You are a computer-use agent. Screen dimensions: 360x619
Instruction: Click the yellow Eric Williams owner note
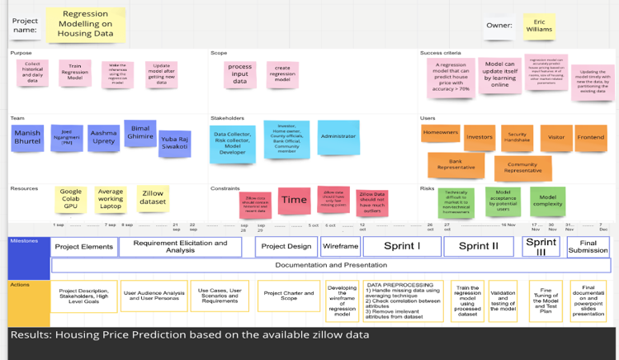[538, 26]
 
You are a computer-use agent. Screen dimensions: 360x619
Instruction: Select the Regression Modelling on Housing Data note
[86, 25]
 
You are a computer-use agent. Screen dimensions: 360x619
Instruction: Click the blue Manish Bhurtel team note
[27, 138]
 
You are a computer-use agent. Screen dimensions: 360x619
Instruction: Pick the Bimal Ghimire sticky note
[139, 133]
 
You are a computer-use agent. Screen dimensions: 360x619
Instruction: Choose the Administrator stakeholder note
[338, 137]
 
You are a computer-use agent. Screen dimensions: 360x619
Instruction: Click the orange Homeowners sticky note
[440, 133]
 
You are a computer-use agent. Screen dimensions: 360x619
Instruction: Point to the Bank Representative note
[455, 165]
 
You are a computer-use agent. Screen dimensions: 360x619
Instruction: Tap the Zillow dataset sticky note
[152, 197]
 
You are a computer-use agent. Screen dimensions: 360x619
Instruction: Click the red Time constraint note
[294, 200]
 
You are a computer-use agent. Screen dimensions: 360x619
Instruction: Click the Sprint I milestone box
[402, 246]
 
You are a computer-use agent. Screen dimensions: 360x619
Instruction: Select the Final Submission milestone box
[588, 247]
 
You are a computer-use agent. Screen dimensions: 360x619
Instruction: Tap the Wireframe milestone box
[340, 246]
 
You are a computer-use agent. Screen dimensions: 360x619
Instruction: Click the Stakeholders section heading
[227, 118]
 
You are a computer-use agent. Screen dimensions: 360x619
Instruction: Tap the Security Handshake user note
[517, 137]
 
